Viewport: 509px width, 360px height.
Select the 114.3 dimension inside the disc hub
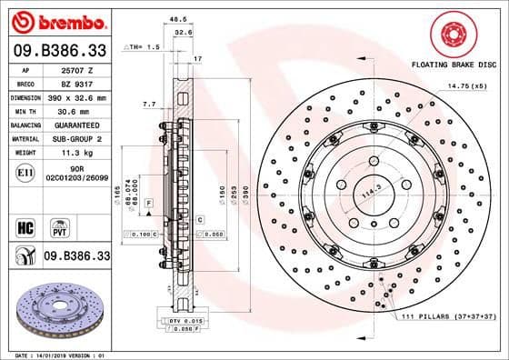tap(368, 194)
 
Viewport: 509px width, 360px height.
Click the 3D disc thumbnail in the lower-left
tap(56, 307)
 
